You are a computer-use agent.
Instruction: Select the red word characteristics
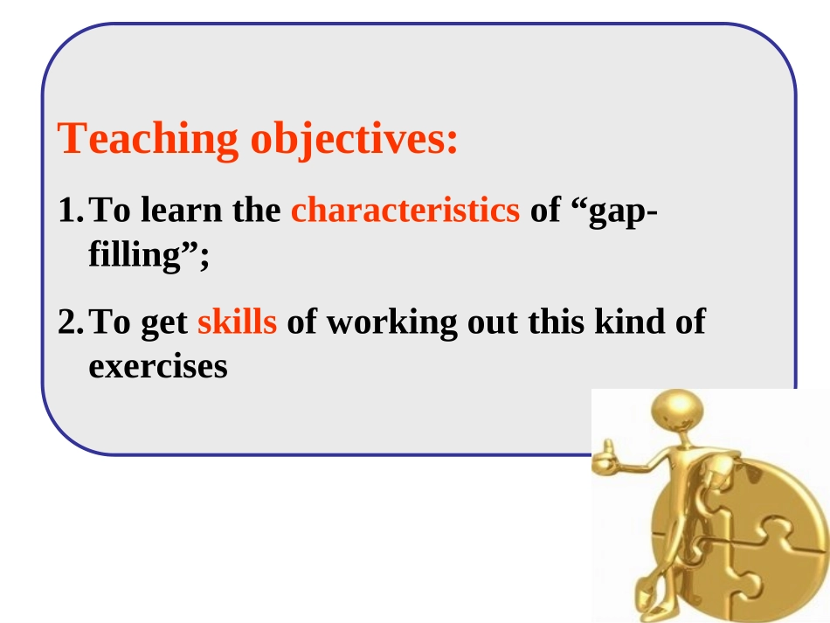click(405, 211)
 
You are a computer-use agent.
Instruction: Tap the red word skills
click(238, 322)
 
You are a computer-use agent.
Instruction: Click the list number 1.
click(69, 211)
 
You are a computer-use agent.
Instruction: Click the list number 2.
click(69, 323)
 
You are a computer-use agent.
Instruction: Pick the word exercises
click(158, 366)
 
